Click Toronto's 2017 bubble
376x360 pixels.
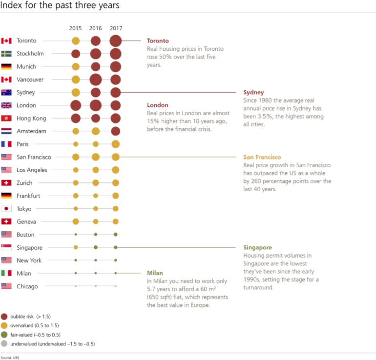(116, 40)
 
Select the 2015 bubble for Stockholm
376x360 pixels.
(76, 54)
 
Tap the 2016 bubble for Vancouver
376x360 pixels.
(96, 79)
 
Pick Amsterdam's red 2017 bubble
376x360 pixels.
(116, 131)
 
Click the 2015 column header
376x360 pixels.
(76, 29)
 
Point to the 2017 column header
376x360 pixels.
(116, 29)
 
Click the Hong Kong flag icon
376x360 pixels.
(6, 118)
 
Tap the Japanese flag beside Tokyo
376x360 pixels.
(6, 209)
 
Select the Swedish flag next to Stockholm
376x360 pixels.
(6, 54)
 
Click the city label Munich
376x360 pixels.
(26, 67)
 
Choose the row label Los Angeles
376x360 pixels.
(32, 170)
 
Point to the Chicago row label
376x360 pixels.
(27, 286)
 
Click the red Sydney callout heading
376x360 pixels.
(253, 92)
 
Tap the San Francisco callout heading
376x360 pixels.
(262, 157)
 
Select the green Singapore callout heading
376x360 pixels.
(257, 247)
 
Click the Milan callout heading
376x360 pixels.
(155, 273)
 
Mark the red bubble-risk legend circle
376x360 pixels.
(4, 316)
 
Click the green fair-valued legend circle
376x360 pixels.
(4, 335)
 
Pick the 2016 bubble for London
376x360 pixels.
(96, 105)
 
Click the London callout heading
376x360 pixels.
(157, 105)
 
